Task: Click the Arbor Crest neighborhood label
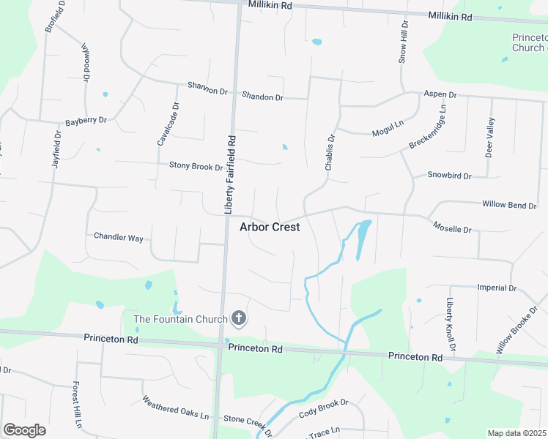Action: point(270,227)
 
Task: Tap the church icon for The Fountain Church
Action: point(238,318)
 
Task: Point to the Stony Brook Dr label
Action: point(196,167)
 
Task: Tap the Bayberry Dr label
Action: point(86,120)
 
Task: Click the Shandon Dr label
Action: point(262,97)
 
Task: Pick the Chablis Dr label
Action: point(330,152)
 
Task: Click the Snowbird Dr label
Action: point(449,176)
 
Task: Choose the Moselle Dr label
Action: point(452,228)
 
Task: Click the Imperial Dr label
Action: point(497,288)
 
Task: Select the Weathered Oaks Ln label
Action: point(175,408)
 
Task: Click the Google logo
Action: point(24,429)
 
